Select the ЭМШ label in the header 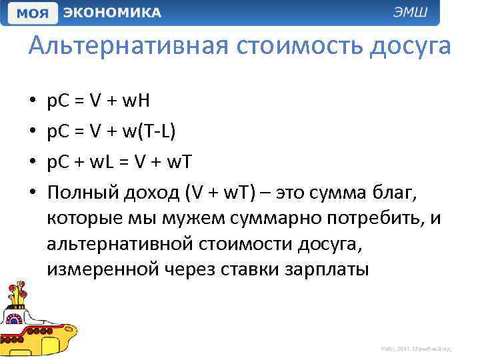pyautogui.click(x=415, y=13)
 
